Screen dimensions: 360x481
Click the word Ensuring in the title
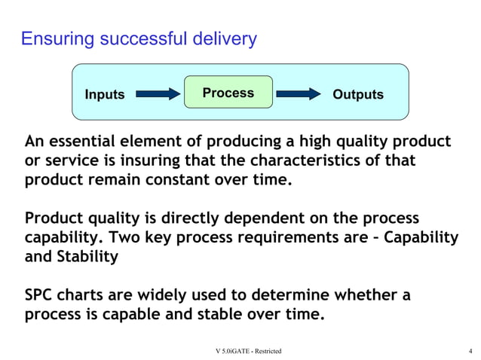54,39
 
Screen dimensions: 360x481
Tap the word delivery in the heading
225,39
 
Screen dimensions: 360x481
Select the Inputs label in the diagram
105,95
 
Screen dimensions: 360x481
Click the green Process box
228,93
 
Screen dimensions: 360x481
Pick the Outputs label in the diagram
358,95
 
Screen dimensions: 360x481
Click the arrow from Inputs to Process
158,94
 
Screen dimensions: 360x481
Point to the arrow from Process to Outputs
299,94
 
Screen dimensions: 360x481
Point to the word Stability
88,257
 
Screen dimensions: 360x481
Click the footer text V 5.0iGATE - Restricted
248,351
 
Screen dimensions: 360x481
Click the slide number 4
470,351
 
